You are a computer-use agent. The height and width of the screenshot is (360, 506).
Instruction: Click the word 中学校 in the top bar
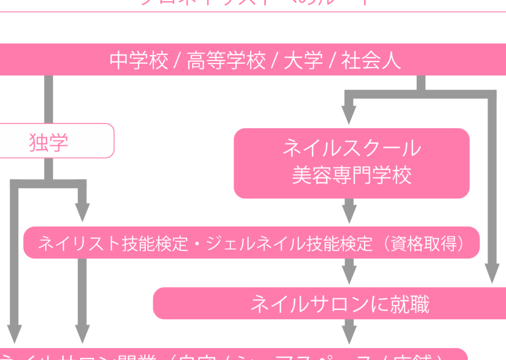pos(139,61)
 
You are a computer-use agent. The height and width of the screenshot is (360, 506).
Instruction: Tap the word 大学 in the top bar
pos(303,61)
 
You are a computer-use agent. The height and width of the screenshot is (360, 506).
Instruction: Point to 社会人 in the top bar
pos(371,61)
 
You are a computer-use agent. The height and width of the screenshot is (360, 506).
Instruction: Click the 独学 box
pos(48,142)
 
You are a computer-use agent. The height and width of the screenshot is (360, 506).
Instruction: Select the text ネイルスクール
pos(351,148)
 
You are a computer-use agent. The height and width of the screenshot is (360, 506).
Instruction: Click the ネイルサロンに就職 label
pos(339,304)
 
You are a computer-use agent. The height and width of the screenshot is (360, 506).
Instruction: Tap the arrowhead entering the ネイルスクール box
pos(349,117)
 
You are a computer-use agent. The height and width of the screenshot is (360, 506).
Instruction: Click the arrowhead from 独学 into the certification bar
pos(82,213)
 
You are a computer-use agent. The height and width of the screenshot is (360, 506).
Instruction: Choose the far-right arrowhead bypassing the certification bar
pos(492,273)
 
